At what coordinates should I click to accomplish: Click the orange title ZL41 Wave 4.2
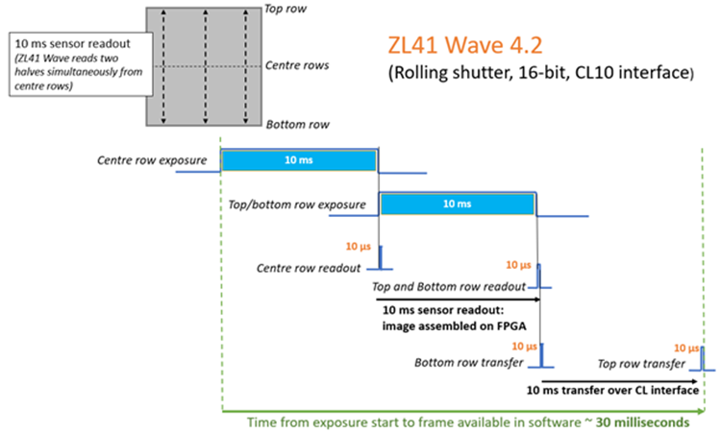pyautogui.click(x=465, y=45)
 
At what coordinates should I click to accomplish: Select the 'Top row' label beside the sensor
pyautogui.click(x=286, y=9)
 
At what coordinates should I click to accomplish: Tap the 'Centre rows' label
pyautogui.click(x=297, y=65)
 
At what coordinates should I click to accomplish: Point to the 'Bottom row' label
pyautogui.click(x=297, y=125)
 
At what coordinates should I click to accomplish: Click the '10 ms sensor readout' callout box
pyautogui.click(x=81, y=64)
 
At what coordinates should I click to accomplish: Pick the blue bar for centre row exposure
pyautogui.click(x=299, y=160)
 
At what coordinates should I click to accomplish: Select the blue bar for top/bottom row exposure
pyautogui.click(x=458, y=204)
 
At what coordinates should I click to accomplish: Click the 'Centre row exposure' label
pyautogui.click(x=152, y=160)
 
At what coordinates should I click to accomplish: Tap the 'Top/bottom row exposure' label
pyautogui.click(x=297, y=204)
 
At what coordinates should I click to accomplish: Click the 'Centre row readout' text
pyautogui.click(x=309, y=268)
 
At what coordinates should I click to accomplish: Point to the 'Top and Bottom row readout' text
pyautogui.click(x=449, y=287)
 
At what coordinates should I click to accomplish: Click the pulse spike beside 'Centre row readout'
pyautogui.click(x=381, y=257)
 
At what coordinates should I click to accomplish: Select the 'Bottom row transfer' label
pyautogui.click(x=469, y=363)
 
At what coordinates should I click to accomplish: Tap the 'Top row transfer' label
pyautogui.click(x=641, y=364)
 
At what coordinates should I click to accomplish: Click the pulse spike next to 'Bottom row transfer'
pyautogui.click(x=541, y=355)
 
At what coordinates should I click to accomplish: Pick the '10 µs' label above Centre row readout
pyautogui.click(x=359, y=247)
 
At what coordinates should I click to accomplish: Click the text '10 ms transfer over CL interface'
pyautogui.click(x=612, y=390)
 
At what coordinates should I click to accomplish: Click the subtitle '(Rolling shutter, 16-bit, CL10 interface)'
pyautogui.click(x=541, y=73)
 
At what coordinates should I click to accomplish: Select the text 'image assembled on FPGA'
pyautogui.click(x=455, y=326)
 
